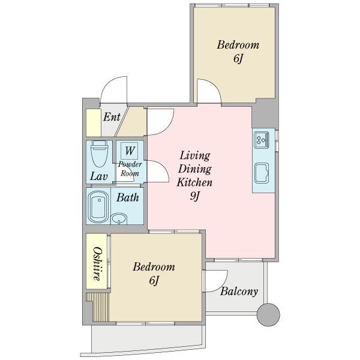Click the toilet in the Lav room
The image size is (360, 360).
pos(99,154)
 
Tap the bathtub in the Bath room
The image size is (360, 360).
pos(99,207)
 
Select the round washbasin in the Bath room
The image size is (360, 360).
pos(119,219)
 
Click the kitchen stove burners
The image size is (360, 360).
pos(262,140)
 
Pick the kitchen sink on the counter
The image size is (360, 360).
pos(262,173)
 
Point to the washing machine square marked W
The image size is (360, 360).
pos(130,151)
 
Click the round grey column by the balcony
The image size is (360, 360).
pos(268,314)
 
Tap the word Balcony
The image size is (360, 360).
pos(239,292)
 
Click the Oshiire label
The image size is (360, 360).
pos(97,264)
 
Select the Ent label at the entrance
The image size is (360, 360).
pos(112,117)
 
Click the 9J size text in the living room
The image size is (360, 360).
pos(195,196)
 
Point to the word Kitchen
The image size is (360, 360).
pos(194,182)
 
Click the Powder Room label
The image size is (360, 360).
pos(130,169)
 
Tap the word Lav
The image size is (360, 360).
pos(99,176)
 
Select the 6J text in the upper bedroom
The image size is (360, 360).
pos(238,58)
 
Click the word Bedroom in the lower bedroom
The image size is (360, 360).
pos(154,267)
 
